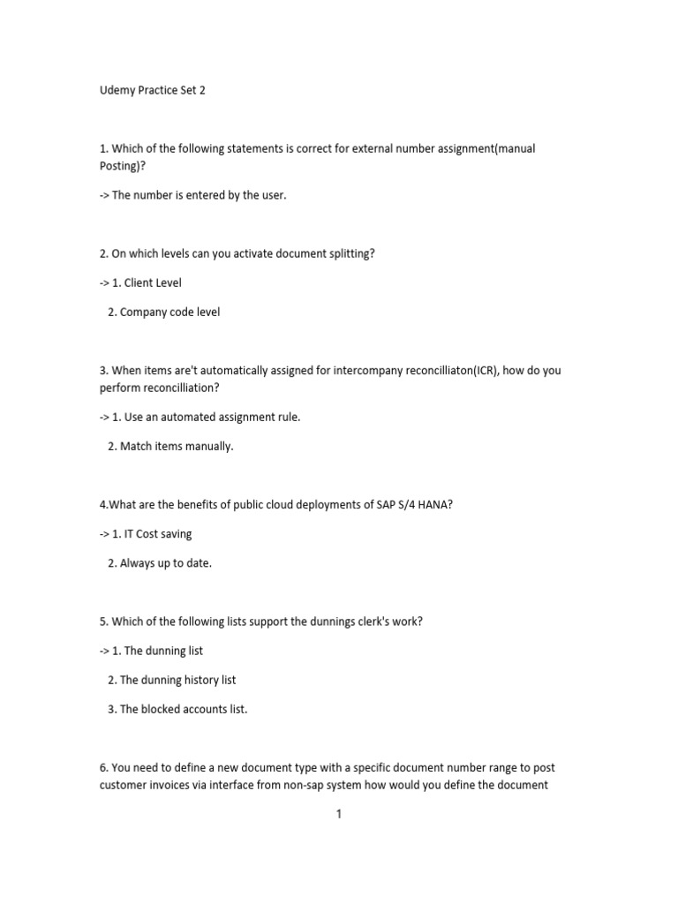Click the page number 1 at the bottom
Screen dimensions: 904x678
pyautogui.click(x=338, y=814)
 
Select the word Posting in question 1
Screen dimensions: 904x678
pyautogui.click(x=119, y=166)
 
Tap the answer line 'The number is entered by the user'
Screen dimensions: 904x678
pyautogui.click(x=199, y=195)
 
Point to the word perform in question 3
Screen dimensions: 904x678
pyautogui.click(x=119, y=388)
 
